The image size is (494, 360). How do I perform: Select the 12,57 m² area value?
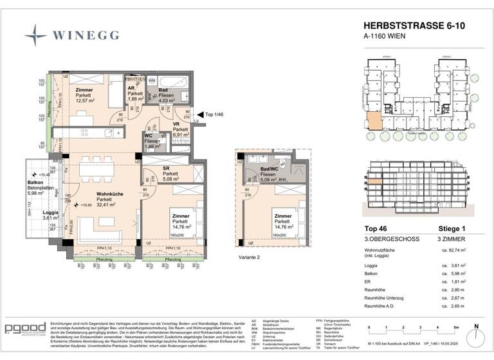pyautogui.click(x=85, y=100)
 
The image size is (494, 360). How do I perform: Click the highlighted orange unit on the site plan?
pyautogui.click(x=373, y=121)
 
